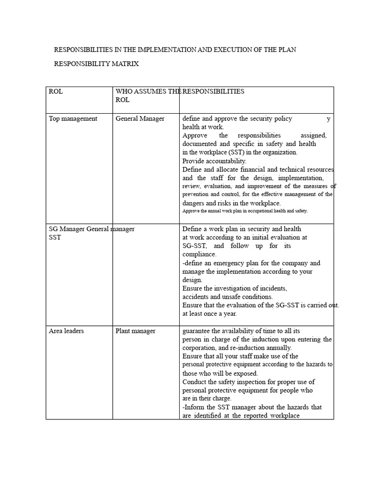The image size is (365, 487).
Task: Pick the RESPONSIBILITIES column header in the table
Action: [x=213, y=91]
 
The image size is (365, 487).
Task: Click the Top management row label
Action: [x=73, y=118]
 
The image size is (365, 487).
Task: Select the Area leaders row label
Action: [x=66, y=331]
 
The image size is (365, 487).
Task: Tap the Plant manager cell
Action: [x=135, y=331]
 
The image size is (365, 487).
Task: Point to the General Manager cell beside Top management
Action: [x=140, y=118]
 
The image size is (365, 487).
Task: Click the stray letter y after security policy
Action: [x=328, y=119]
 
